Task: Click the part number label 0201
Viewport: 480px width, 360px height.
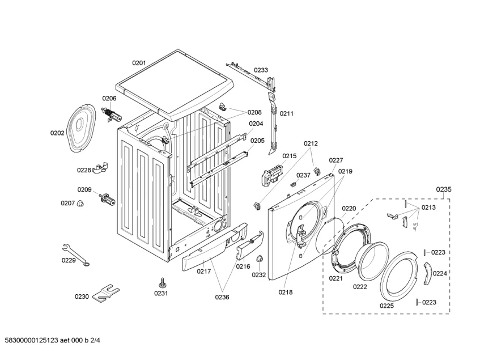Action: click(139, 63)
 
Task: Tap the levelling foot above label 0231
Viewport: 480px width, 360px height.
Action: click(162, 282)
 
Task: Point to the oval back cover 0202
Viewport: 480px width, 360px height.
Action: click(81, 128)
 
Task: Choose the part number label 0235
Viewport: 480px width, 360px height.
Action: click(444, 189)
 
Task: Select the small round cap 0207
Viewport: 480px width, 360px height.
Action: click(80, 204)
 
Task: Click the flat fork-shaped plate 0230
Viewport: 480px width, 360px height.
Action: click(106, 293)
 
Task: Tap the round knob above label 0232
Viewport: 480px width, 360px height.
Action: click(260, 259)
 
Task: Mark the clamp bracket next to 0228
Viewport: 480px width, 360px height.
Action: click(100, 168)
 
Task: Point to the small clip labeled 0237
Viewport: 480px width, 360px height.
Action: click(294, 184)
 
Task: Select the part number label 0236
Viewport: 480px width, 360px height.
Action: click(222, 297)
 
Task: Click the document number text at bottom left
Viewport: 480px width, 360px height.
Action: click(52, 340)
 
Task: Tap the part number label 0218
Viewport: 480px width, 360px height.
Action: click(285, 293)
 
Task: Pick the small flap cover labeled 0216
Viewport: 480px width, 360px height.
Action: click(249, 245)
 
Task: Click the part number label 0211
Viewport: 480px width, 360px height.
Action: click(287, 113)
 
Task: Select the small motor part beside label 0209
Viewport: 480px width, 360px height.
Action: click(107, 199)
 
